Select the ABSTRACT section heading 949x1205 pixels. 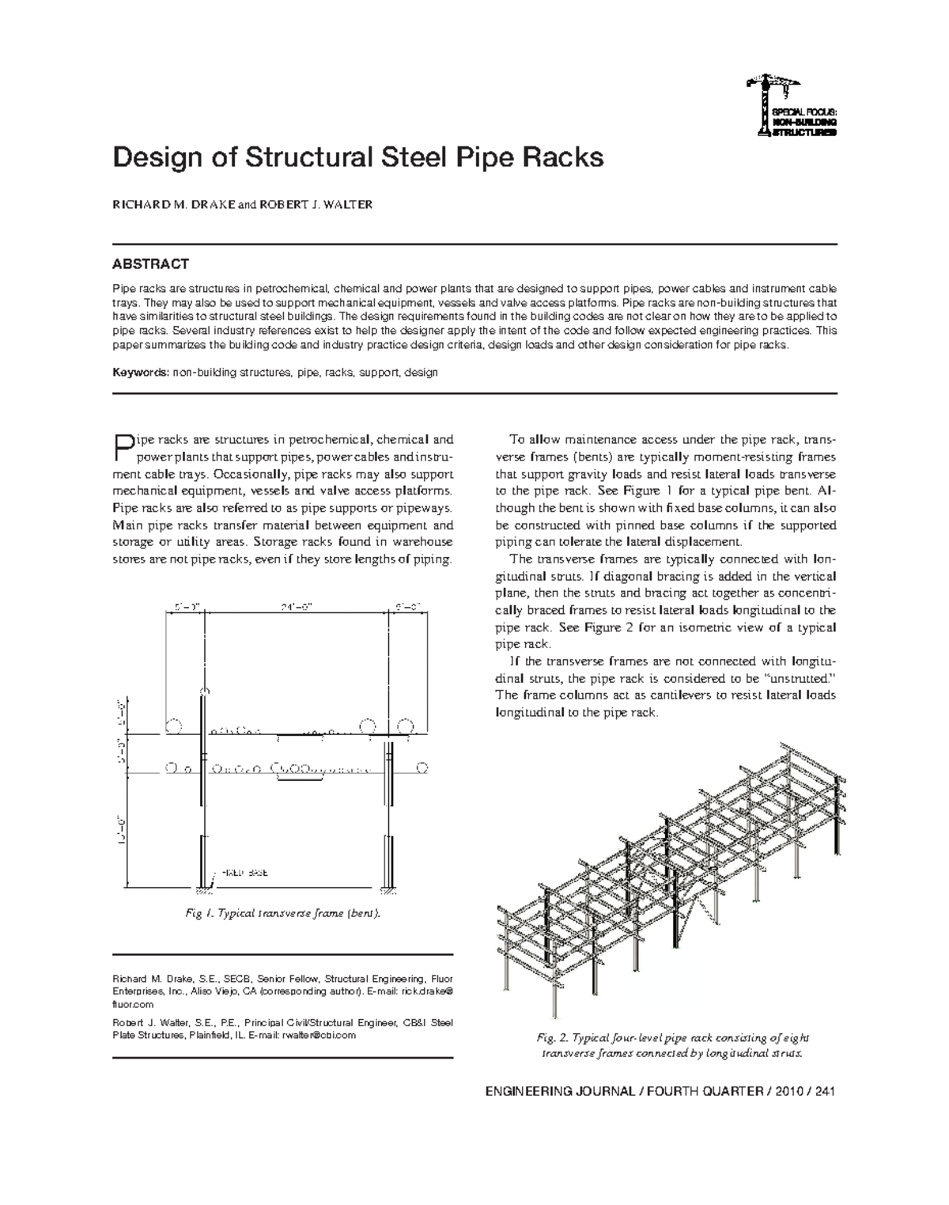(x=150, y=263)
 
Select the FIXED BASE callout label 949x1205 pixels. (x=246, y=873)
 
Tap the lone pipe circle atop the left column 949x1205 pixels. (x=205, y=692)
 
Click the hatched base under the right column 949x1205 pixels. (x=388, y=885)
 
